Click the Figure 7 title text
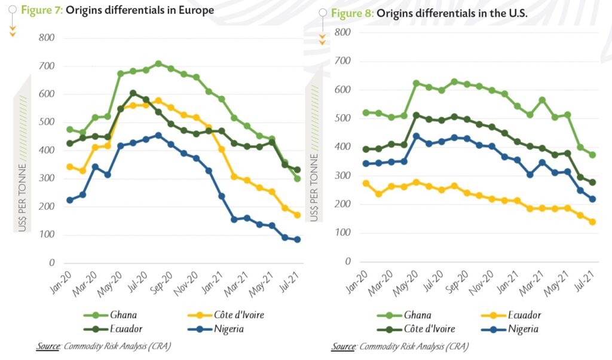coord(117,10)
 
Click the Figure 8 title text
coord(429,14)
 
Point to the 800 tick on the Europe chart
coord(47,38)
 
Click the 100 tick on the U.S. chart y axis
coord(342,233)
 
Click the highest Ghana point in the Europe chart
coord(158,64)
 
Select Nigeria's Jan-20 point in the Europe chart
coord(70,200)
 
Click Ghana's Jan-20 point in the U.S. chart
coord(366,112)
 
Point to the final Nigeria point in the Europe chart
coord(297,240)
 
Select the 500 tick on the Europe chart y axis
coord(47,123)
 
